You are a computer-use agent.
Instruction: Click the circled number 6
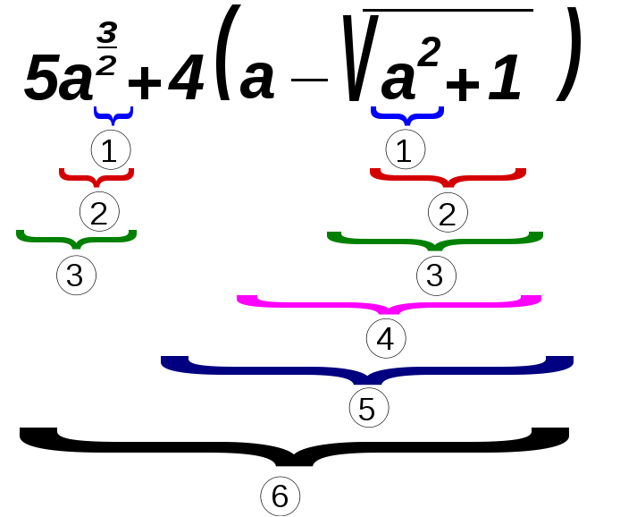click(280, 496)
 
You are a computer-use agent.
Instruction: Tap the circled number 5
click(368, 408)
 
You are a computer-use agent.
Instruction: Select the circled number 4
click(386, 338)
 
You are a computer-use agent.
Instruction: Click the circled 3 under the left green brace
click(76, 275)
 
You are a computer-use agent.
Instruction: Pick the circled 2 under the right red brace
click(448, 214)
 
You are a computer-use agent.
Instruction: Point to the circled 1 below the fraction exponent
click(110, 151)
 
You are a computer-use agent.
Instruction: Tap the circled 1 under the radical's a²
click(405, 150)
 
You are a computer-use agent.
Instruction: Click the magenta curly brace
click(389, 303)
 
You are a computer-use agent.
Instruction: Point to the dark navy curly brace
click(366, 368)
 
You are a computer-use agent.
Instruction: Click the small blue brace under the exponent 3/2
click(113, 115)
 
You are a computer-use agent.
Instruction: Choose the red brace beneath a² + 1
click(448, 177)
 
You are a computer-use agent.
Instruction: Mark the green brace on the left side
click(76, 239)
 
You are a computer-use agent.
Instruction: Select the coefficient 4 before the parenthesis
click(186, 79)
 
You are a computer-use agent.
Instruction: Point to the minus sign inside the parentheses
click(309, 81)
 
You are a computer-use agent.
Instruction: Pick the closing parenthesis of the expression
click(568, 55)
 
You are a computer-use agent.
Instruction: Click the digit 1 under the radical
click(505, 81)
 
